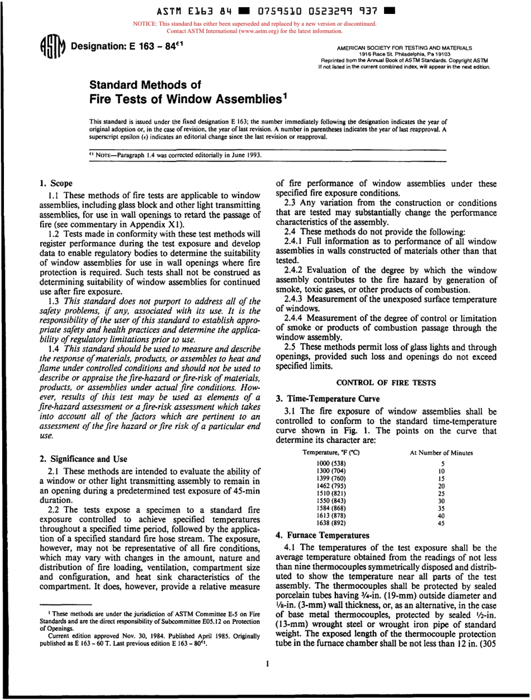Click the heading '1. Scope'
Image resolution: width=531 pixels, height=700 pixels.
click(55, 183)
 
